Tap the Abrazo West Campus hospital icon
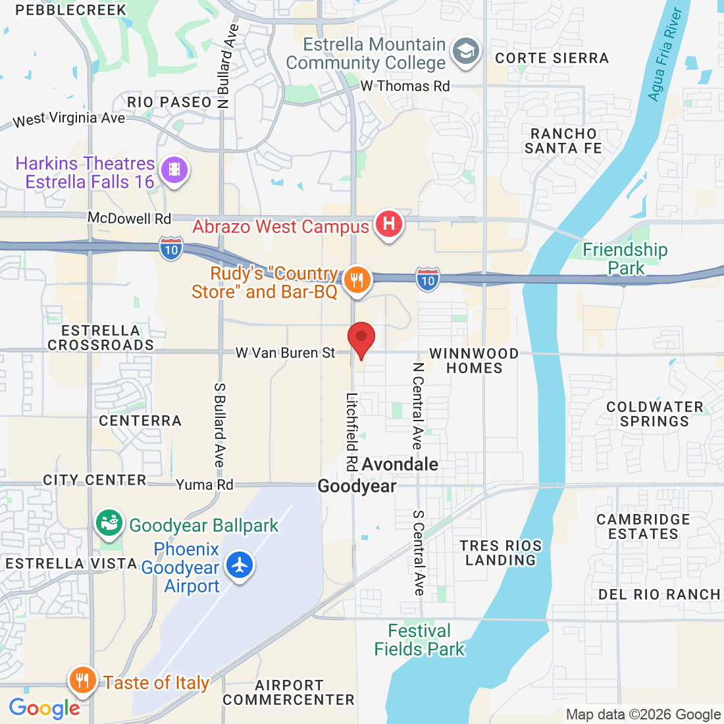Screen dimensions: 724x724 pos(388,224)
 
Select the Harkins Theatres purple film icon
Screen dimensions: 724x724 pos(174,170)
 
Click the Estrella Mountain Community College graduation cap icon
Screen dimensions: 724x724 pos(467,51)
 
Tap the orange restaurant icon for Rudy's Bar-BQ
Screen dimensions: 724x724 pos(357,280)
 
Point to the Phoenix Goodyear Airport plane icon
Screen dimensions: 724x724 pos(240,565)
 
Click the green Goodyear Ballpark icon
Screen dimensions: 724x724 pos(109,524)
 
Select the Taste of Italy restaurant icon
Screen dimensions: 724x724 pos(82,679)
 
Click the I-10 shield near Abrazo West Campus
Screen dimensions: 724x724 pos(171,249)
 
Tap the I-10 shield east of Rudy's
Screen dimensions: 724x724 pos(428,280)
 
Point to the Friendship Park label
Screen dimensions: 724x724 pos(625,259)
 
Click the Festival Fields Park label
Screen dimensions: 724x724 pos(419,640)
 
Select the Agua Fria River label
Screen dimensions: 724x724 pos(664,54)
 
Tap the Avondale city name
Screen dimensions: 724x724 pos(400,464)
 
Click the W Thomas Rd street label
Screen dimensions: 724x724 pos(405,86)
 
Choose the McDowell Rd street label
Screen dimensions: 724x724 pos(129,219)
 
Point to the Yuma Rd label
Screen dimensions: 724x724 pos(204,485)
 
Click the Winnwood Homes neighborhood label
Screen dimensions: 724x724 pos(474,361)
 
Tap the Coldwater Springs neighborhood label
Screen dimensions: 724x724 pos(654,414)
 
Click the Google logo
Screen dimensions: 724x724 pos(44,708)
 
